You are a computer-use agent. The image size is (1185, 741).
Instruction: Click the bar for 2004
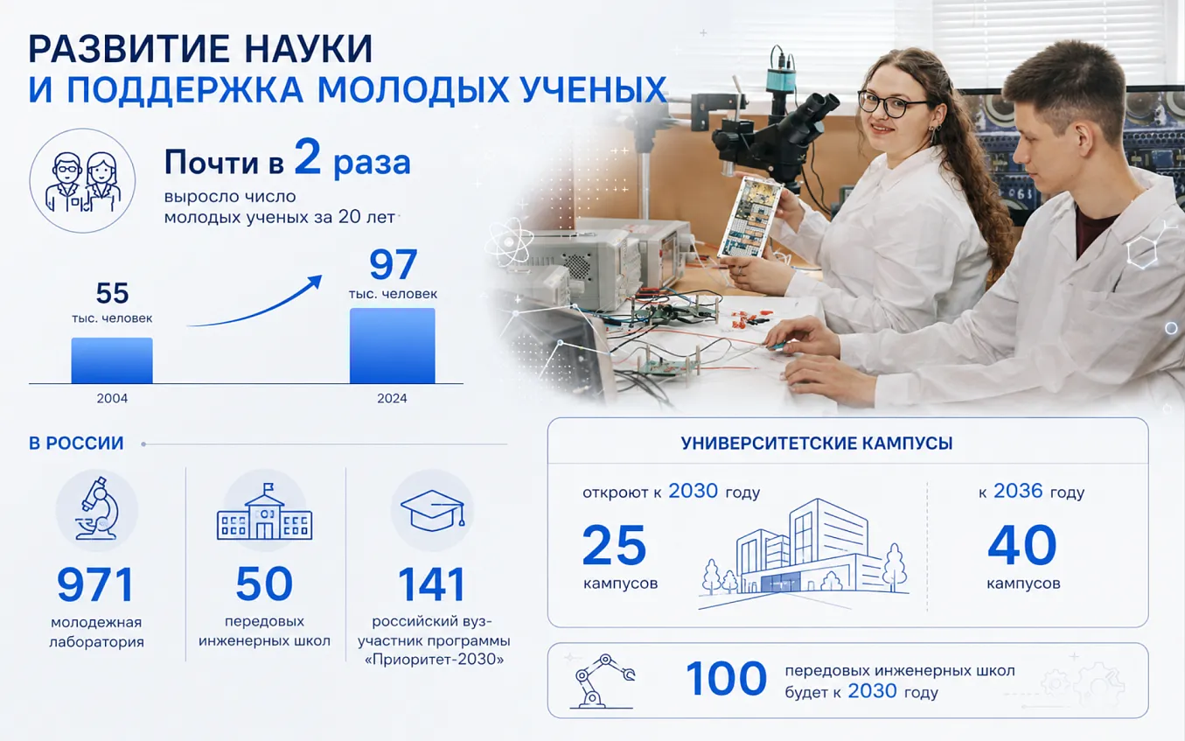(x=112, y=360)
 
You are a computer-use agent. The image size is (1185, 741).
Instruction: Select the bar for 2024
(x=393, y=346)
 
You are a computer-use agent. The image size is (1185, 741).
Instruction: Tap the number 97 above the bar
(x=393, y=264)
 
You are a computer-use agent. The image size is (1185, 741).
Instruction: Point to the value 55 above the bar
(x=112, y=293)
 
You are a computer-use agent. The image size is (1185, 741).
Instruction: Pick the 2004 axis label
(x=112, y=398)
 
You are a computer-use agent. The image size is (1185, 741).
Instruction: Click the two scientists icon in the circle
(x=83, y=182)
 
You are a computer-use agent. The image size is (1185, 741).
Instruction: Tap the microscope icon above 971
(x=97, y=508)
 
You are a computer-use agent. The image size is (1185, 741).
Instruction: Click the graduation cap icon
(x=433, y=510)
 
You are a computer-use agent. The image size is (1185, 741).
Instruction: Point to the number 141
(x=432, y=584)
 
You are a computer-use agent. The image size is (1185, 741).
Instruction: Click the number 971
(x=95, y=585)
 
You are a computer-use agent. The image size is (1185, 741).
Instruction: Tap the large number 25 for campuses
(x=614, y=545)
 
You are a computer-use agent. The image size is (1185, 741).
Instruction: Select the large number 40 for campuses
(x=1022, y=545)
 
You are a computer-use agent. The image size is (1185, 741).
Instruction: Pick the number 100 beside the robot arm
(x=726, y=679)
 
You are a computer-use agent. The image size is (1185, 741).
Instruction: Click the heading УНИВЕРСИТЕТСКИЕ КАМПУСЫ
(x=817, y=443)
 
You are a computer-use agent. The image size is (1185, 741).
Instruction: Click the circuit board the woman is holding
(x=749, y=218)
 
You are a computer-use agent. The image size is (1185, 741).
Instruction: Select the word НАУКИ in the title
(x=309, y=49)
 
